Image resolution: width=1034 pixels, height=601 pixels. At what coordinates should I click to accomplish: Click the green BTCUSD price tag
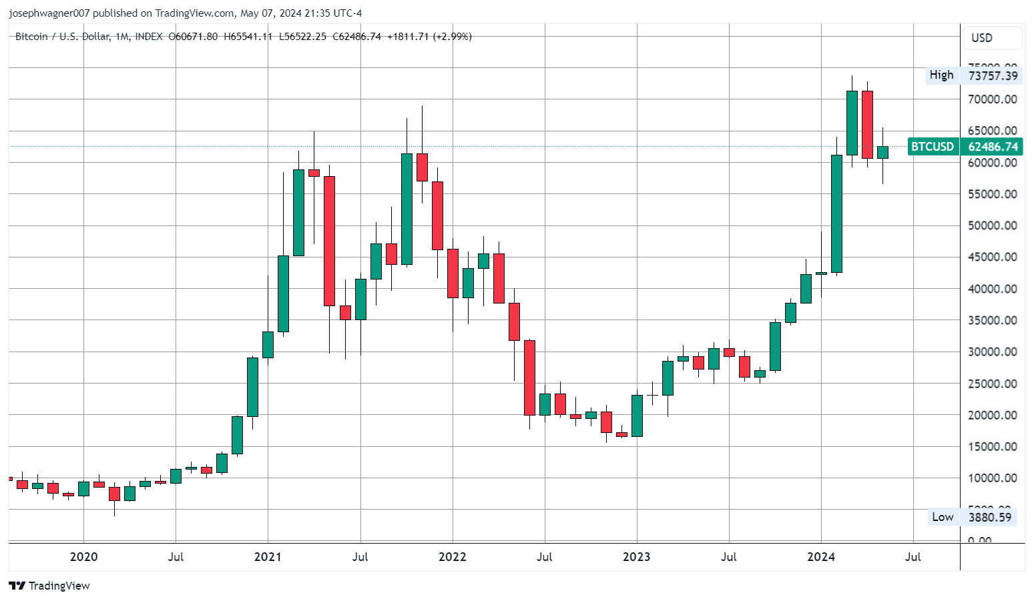[933, 147]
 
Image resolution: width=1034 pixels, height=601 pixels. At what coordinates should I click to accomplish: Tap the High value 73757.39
[993, 75]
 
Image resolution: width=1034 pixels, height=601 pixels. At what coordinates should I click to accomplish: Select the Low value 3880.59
[989, 517]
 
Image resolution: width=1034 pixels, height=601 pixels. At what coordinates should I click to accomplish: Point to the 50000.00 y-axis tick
[992, 225]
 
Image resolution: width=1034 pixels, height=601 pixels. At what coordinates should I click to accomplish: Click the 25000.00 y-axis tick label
[992, 384]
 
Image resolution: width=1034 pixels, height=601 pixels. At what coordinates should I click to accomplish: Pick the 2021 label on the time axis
[268, 557]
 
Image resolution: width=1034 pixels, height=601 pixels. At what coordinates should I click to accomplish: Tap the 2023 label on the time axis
[636, 557]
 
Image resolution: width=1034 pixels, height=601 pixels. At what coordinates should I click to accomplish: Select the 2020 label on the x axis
[83, 557]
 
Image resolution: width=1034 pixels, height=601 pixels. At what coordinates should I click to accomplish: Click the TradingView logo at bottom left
[49, 586]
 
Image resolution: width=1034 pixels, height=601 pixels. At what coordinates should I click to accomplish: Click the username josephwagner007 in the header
[49, 13]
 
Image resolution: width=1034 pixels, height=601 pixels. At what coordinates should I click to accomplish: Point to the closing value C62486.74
[356, 37]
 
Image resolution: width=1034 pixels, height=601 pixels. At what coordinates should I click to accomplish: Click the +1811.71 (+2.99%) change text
[429, 37]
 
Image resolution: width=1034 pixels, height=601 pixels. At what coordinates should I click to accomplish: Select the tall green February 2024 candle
[836, 213]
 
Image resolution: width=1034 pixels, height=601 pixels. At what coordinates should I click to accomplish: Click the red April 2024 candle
[867, 125]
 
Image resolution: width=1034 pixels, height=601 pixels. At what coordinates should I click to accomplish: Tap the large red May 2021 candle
[329, 241]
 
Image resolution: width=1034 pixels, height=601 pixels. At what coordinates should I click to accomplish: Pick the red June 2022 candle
[529, 378]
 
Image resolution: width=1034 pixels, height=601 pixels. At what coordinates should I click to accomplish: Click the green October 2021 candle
[407, 209]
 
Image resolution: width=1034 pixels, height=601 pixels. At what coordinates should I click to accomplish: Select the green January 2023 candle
[637, 416]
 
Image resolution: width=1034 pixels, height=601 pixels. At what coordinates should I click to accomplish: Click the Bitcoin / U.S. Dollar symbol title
[62, 37]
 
